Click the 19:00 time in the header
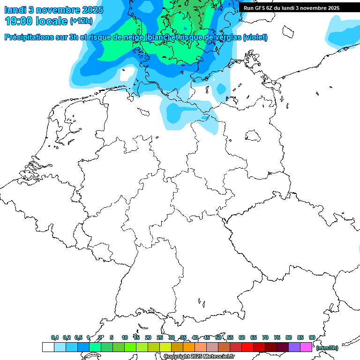tap(18, 21)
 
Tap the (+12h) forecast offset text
tap(81, 21)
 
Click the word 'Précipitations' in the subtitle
tap(28, 37)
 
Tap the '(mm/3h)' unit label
tap(327, 348)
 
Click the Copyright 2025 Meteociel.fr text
tap(199, 357)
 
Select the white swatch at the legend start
tap(48, 347)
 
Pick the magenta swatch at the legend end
tap(306, 347)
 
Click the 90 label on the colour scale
tap(312, 337)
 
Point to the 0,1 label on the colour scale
tap(54, 337)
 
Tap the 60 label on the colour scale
tap(242, 337)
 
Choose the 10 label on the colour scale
tap(125, 337)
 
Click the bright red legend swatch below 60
tap(247, 347)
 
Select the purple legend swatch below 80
tap(294, 347)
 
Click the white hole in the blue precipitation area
tap(127, 74)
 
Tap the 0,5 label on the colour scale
tap(78, 337)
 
